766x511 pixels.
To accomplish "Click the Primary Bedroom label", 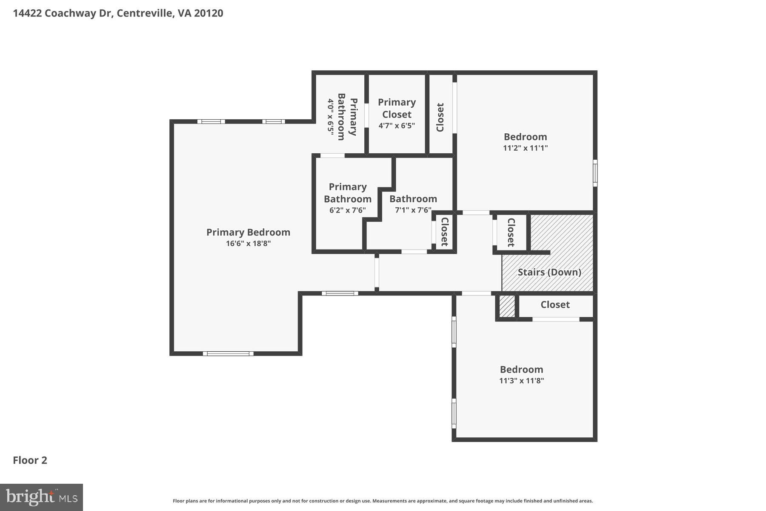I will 248,232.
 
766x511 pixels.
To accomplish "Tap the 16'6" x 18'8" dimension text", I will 248,244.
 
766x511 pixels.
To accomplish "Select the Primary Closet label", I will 397,108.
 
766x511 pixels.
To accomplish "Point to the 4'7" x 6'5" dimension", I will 397,126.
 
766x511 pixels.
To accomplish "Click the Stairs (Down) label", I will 549,272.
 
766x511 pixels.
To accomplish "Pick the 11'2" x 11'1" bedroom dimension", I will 525,148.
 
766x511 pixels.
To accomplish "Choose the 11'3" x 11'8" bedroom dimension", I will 521,381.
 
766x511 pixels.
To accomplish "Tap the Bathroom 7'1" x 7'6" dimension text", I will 413,210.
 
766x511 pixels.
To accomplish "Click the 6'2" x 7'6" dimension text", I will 347,210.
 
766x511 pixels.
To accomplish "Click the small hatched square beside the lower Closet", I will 506,306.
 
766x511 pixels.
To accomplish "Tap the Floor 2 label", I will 30,460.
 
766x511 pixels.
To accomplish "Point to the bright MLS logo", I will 41,497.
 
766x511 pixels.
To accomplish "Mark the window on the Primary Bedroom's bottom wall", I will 228,353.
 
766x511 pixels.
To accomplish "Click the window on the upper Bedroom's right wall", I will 595,173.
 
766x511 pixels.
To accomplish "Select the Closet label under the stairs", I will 555,304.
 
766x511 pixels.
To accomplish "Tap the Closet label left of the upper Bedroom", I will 440,117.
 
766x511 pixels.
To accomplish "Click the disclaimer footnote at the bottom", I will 383,501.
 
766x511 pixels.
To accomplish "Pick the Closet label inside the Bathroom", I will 444,232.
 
